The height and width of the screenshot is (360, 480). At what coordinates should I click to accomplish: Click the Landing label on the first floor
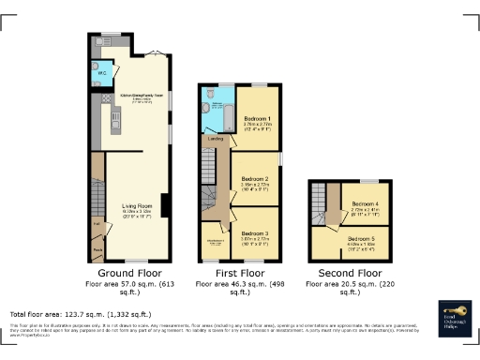(x=215, y=139)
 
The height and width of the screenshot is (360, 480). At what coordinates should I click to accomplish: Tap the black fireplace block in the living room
(x=165, y=204)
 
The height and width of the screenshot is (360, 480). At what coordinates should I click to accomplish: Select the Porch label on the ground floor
(x=97, y=250)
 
